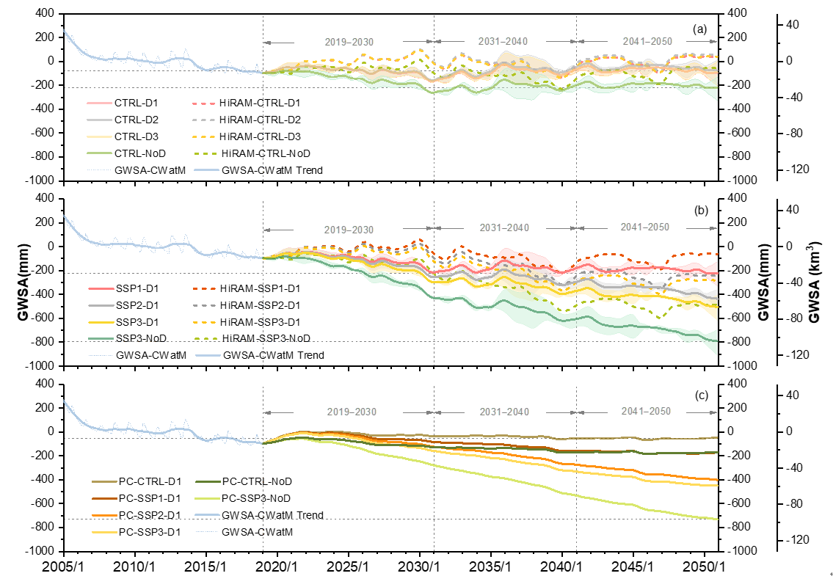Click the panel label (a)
699,29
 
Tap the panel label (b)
701,210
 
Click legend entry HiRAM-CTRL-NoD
264,153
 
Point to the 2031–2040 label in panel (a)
503,42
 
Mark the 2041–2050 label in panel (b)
644,227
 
